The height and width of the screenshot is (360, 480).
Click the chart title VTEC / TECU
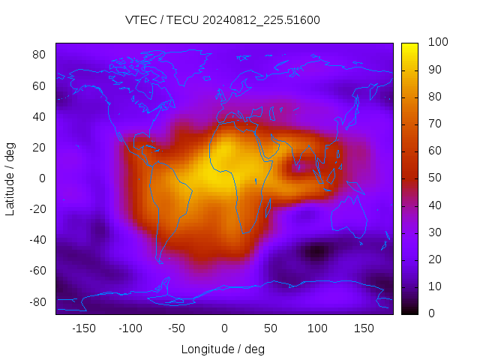coord(223,20)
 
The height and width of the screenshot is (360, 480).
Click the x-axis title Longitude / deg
coord(223,349)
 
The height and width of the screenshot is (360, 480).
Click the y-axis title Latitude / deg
coord(10,178)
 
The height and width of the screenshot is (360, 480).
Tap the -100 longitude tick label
coord(130,328)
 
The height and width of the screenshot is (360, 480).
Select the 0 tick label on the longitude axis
coord(223,328)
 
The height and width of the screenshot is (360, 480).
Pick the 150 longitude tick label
coord(363,328)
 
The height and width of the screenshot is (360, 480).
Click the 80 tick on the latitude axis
coord(40,55)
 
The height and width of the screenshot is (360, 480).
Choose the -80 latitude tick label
coord(37,301)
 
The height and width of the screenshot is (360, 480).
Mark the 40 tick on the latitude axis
coord(40,116)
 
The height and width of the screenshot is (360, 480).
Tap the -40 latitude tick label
coord(37,240)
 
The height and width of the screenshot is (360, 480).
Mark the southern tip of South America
coord(160,261)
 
